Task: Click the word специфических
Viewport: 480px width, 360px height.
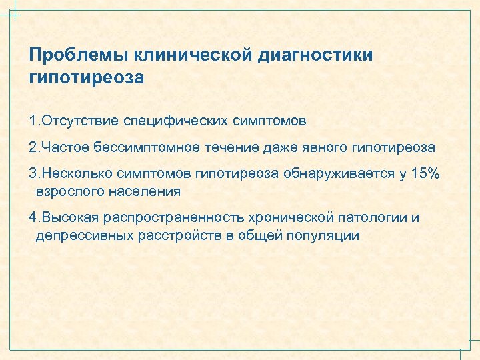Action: [x=175, y=121]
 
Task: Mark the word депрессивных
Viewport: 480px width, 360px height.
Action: [x=75, y=235]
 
